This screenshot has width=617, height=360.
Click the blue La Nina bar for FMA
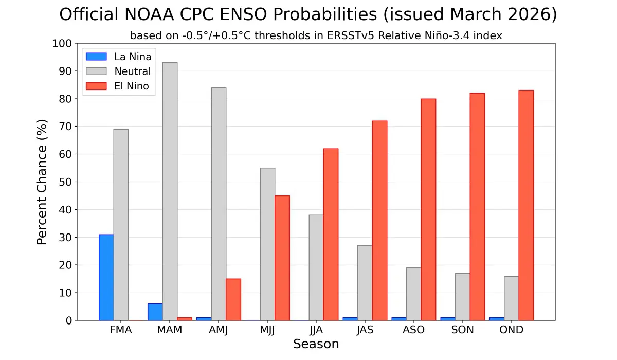tap(106, 278)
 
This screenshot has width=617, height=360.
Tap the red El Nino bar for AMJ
tap(233, 299)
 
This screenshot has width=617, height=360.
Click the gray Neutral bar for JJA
tap(316, 267)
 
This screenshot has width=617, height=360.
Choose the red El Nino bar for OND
tap(526, 205)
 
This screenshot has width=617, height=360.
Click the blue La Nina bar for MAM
tap(155, 312)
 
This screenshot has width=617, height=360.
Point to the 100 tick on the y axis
tap(62, 44)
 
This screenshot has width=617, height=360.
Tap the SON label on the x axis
tap(463, 330)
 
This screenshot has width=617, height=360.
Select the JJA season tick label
tap(316, 330)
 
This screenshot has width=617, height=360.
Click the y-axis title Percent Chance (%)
tap(42, 182)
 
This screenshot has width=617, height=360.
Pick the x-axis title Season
tap(316, 344)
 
